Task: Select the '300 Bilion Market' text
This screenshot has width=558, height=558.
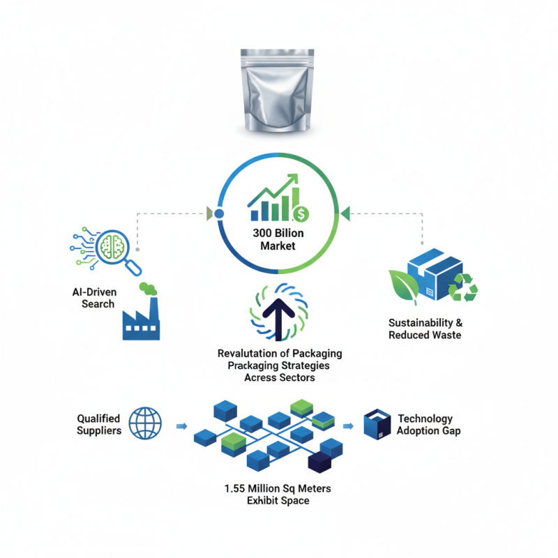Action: point(278,239)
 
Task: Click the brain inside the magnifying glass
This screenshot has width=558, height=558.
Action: point(113,244)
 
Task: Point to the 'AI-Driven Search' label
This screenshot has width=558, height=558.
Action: point(97,298)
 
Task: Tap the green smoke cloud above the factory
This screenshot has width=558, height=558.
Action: point(148,287)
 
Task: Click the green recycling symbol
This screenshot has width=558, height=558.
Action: point(462,287)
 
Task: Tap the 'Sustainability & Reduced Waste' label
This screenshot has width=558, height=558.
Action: point(425,329)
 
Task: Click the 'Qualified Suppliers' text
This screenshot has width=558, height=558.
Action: point(98,424)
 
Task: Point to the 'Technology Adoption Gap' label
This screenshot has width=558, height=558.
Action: point(429,425)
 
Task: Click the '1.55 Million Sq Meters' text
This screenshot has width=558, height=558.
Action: point(278,489)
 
